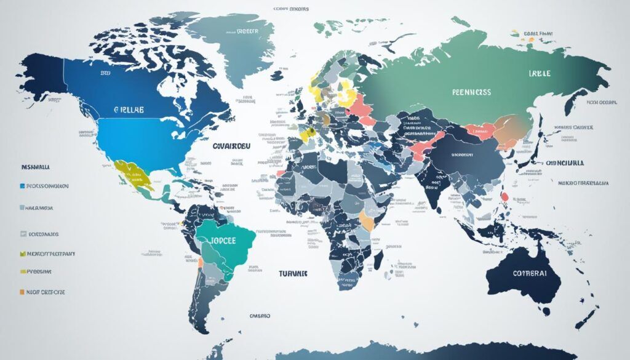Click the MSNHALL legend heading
coord(35,167)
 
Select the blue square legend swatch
coord(22,185)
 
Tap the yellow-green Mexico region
coord(132,175)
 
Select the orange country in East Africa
coord(367,220)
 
